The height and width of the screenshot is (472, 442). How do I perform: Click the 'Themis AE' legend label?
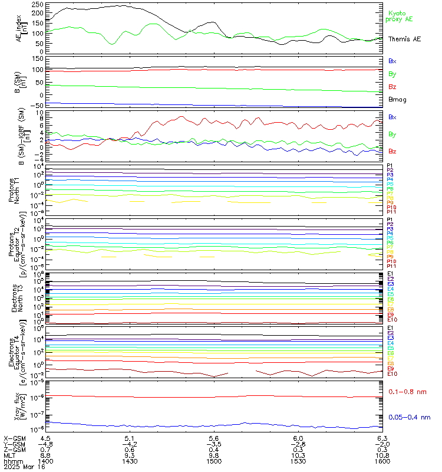404,38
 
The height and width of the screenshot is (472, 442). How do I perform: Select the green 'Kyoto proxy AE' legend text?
400,17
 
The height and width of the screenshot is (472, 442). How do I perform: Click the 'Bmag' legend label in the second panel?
396,99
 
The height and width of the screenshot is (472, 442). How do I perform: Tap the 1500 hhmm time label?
214,460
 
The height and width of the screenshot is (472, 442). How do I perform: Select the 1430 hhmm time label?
130,460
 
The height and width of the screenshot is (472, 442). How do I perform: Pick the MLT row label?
10,455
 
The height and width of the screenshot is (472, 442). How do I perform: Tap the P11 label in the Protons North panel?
390,211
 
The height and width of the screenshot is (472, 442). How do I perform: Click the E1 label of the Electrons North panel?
390,274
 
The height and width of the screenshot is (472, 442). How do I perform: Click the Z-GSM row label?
15,450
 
